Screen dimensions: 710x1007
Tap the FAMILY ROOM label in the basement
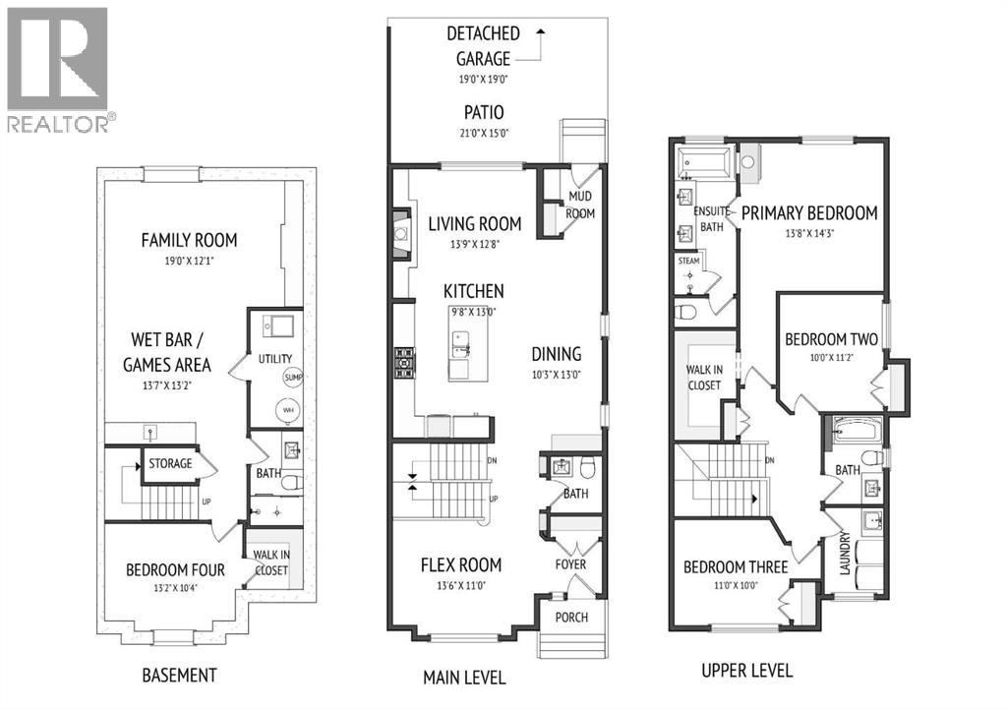tap(189, 240)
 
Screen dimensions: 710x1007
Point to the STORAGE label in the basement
tap(170, 463)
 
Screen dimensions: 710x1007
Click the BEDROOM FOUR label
tap(175, 570)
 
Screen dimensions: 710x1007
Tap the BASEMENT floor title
tap(178, 675)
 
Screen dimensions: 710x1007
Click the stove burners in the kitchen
tap(403, 362)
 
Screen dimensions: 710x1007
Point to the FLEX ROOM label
tap(461, 564)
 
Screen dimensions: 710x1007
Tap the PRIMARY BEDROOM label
tap(808, 212)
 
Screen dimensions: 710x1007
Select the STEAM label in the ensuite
tap(688, 262)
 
